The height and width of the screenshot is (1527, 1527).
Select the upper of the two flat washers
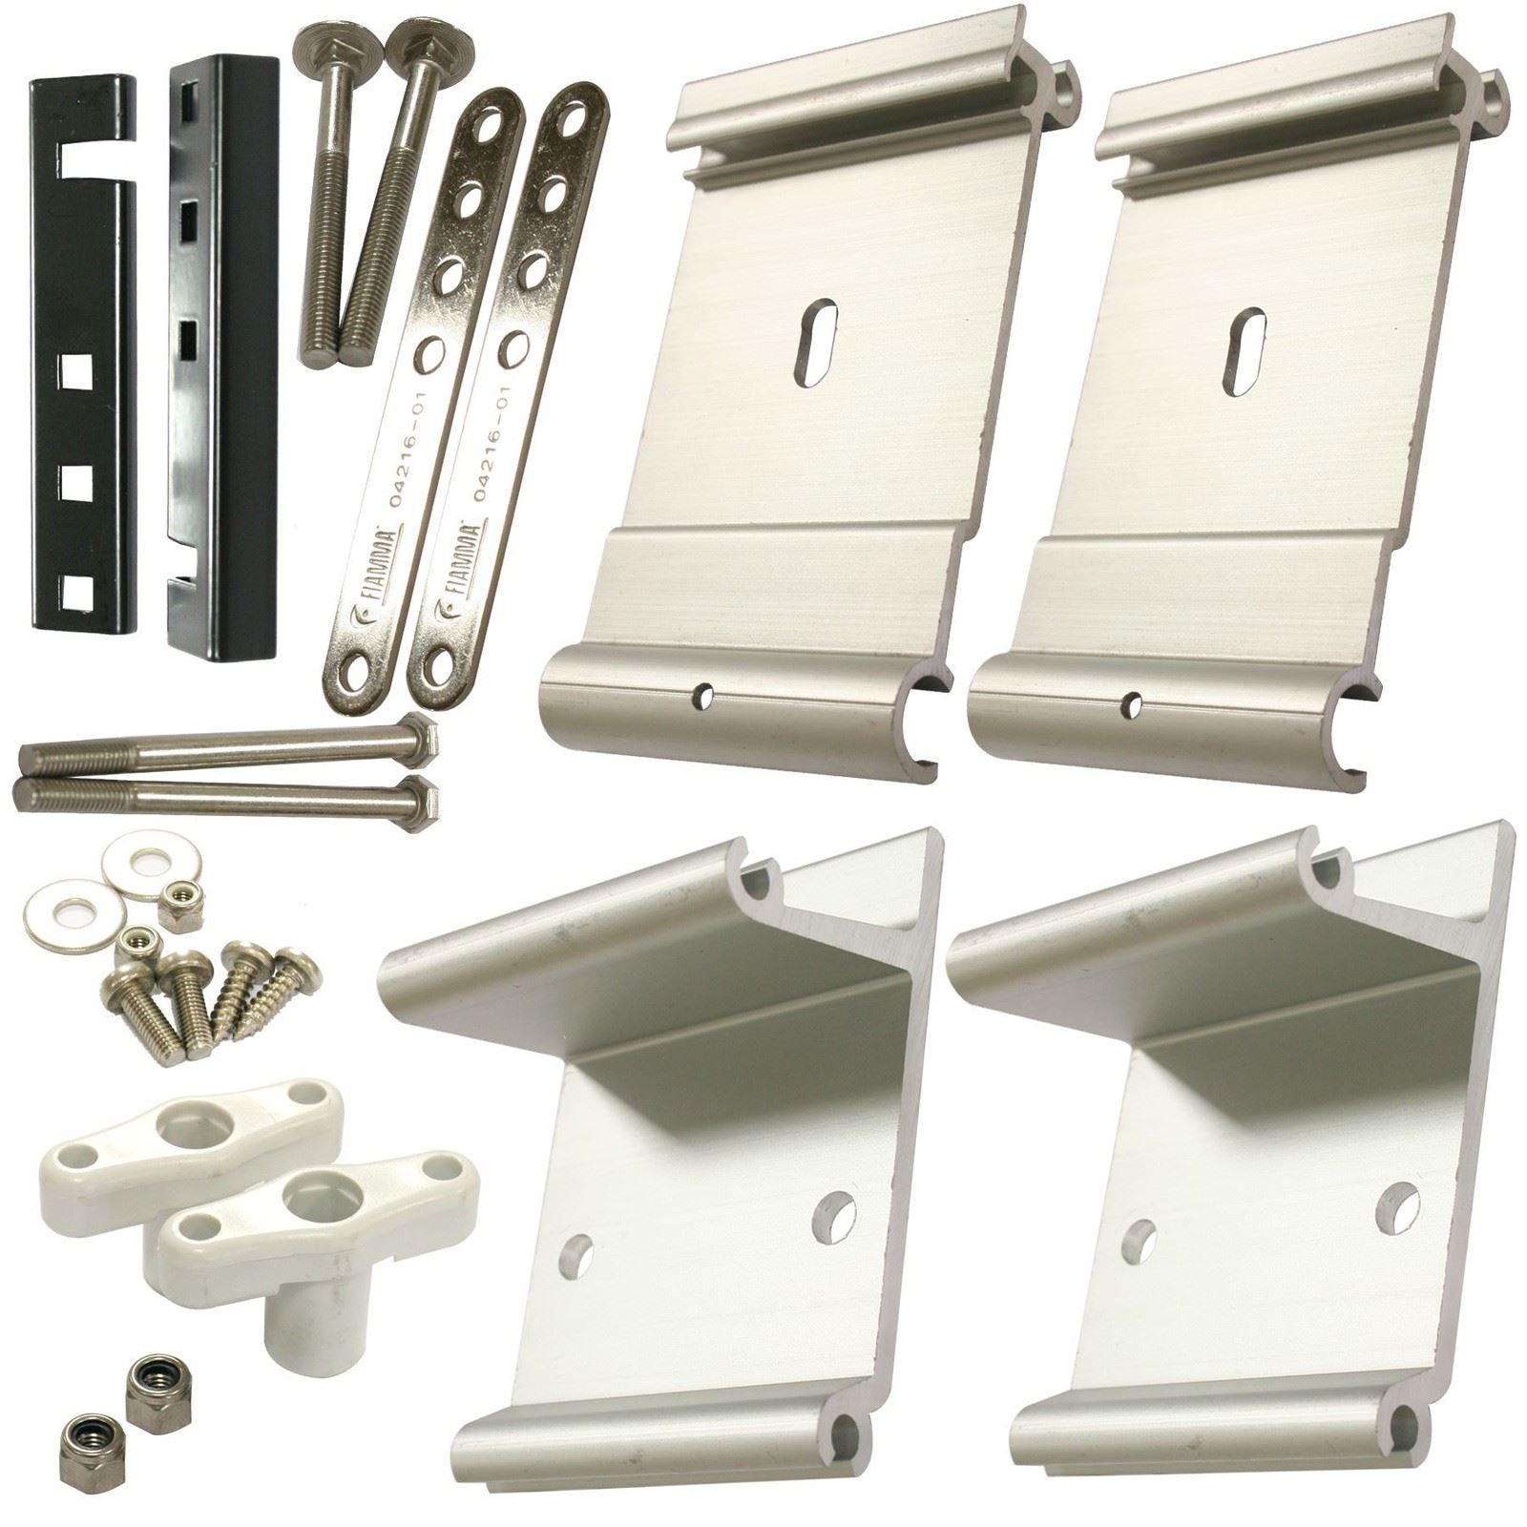[x=152, y=863]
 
